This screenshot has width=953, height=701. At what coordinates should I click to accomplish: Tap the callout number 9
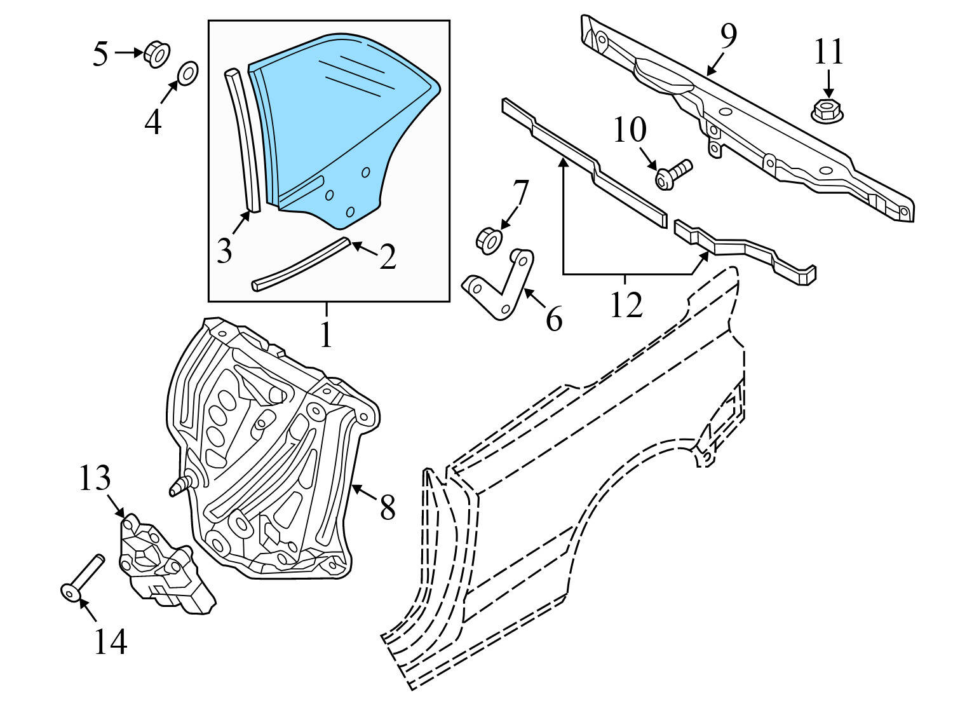(728, 37)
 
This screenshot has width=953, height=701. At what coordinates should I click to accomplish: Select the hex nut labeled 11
(827, 111)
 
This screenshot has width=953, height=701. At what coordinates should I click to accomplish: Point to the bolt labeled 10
(673, 175)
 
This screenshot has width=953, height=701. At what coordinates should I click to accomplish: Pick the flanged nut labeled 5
(157, 55)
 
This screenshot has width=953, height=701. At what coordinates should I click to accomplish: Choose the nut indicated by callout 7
(489, 241)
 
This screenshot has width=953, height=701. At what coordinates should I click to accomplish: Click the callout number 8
(388, 507)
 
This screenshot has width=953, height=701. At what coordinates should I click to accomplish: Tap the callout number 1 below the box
(326, 334)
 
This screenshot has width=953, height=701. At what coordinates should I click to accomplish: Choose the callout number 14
(110, 641)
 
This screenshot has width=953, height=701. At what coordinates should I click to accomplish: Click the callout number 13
(95, 477)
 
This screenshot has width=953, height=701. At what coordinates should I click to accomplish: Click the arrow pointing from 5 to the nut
(129, 53)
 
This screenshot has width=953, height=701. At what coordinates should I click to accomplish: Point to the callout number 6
(553, 318)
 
